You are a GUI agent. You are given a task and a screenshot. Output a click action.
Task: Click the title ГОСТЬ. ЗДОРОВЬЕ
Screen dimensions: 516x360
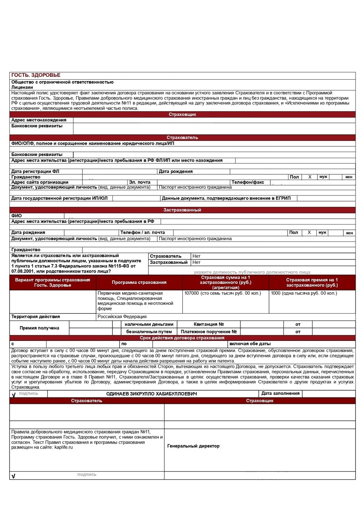tap(36, 75)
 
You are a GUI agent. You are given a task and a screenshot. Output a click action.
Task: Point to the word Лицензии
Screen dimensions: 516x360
tap(22, 87)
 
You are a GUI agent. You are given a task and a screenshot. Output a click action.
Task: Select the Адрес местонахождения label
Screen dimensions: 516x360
tap(39, 120)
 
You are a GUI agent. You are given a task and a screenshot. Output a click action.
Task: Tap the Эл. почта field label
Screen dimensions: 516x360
tap(139, 182)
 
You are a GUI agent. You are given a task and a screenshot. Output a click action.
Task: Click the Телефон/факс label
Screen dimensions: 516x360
tap(248, 182)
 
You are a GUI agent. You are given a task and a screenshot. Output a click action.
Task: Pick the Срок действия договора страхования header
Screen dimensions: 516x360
tap(182, 338)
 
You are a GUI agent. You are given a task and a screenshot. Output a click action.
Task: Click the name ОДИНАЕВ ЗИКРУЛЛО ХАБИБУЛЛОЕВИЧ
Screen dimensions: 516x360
tap(151, 394)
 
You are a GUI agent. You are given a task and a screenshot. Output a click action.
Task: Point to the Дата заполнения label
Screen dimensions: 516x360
tap(280, 393)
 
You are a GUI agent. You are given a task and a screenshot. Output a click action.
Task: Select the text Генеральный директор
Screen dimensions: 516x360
tap(193, 446)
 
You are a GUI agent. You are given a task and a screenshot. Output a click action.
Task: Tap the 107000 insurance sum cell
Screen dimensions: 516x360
tap(222, 293)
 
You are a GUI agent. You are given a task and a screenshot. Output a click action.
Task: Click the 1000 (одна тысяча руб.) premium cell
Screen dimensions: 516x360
tap(304, 293)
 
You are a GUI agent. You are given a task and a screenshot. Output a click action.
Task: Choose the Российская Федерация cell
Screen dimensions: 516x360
tap(122, 317)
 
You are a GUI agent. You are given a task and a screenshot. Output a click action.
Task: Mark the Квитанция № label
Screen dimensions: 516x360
tap(209, 324)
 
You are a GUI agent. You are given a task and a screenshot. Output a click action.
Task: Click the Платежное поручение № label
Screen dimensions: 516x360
tap(209, 332)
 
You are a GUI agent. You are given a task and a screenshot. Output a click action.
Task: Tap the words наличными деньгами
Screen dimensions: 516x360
tap(149, 324)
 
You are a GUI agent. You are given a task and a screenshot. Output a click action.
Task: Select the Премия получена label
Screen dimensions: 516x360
tap(39, 328)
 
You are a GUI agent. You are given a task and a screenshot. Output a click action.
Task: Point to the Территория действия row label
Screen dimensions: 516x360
tap(35, 317)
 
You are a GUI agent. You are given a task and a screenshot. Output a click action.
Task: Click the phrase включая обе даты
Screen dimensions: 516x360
tap(250, 344)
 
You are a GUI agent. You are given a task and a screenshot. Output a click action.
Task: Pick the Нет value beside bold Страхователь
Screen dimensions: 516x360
tap(196, 256)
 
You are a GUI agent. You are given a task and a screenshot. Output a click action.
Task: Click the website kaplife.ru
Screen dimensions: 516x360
tap(63, 448)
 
